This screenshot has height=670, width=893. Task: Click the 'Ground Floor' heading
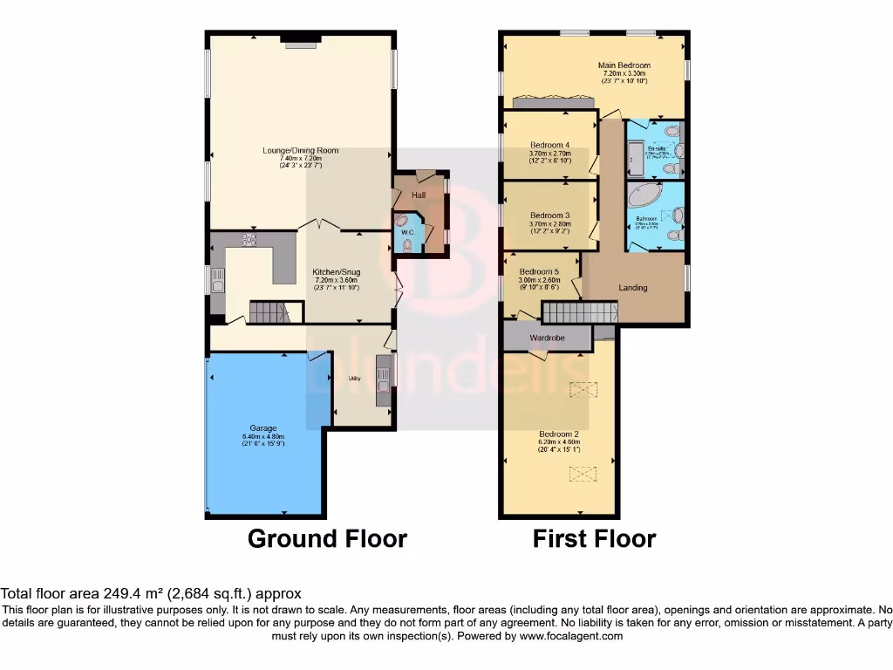(327, 538)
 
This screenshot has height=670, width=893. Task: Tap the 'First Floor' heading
(594, 538)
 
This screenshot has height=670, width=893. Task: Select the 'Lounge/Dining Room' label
(301, 151)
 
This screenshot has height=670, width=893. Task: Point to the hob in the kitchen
(247, 241)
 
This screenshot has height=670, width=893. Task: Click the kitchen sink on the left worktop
(216, 278)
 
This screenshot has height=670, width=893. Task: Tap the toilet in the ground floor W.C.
(407, 246)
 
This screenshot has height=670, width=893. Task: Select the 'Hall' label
(419, 195)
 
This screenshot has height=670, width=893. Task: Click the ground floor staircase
(268, 311)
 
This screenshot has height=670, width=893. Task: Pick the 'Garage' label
(263, 428)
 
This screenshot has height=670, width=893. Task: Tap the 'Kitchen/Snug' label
(337, 272)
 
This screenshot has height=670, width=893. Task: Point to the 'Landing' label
(632, 287)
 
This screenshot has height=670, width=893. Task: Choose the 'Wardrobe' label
(548, 338)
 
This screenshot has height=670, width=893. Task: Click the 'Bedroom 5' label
(539, 271)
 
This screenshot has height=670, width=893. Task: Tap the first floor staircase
(578, 311)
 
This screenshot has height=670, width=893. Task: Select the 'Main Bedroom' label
(624, 65)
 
